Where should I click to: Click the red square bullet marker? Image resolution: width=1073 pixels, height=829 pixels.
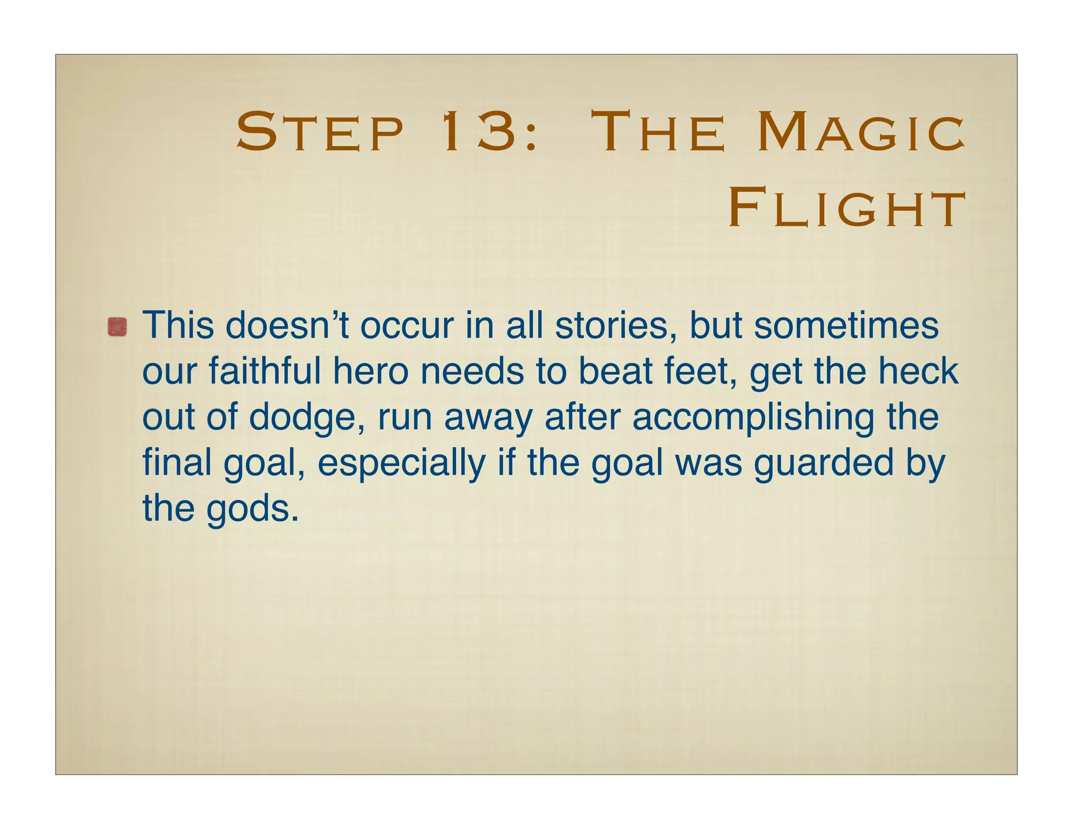tap(117, 327)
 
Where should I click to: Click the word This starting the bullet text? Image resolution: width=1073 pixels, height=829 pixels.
tap(178, 325)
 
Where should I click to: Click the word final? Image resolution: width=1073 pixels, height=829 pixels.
tap(176, 463)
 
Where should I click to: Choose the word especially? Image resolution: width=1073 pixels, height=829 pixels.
tap(401, 463)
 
